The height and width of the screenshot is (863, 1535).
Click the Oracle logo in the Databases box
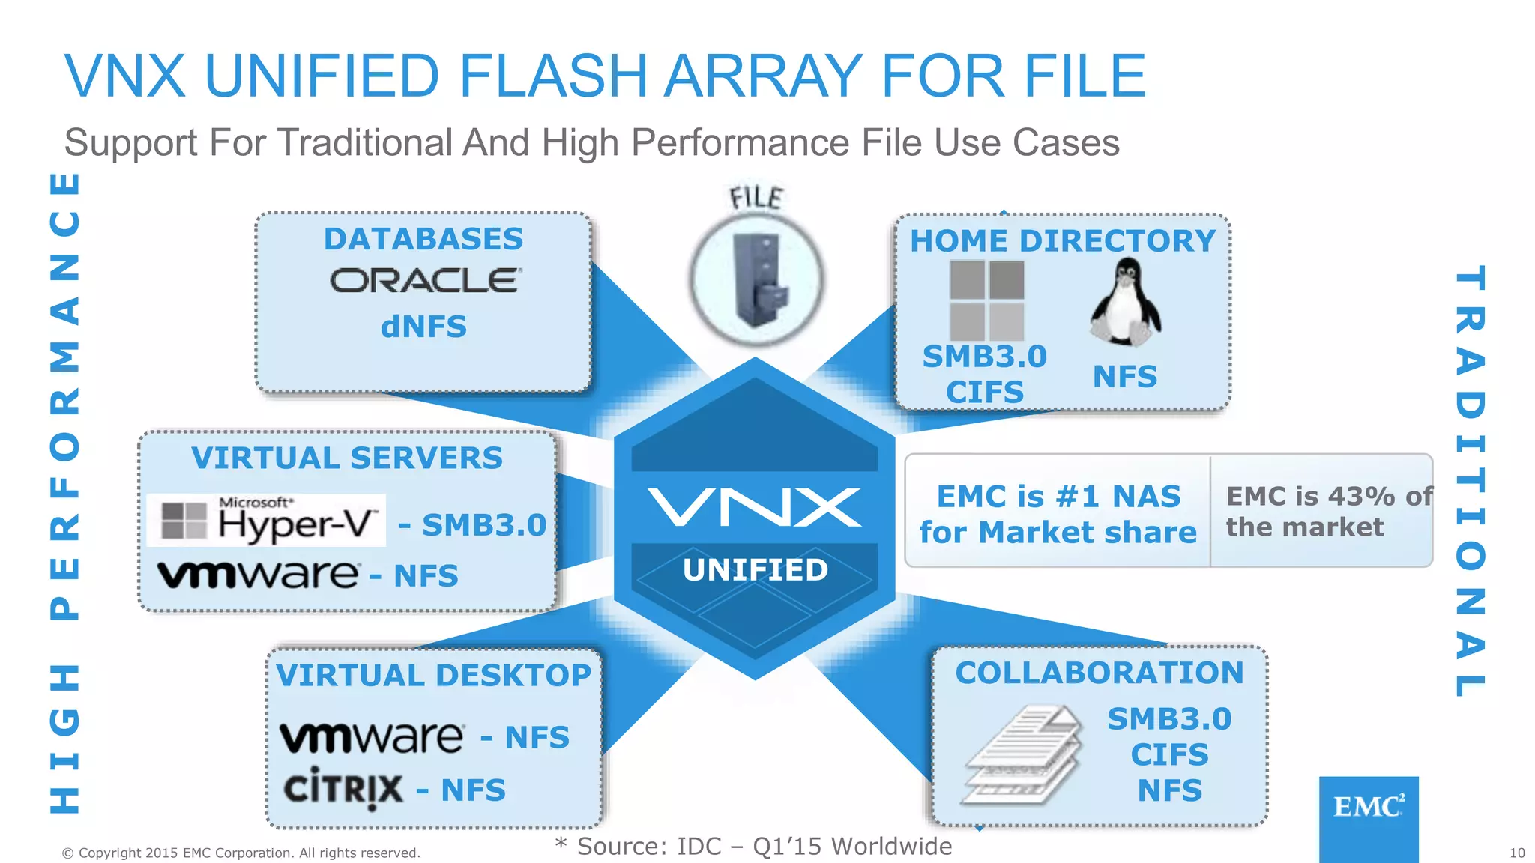pyautogui.click(x=425, y=281)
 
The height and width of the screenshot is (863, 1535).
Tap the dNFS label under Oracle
pyautogui.click(x=423, y=327)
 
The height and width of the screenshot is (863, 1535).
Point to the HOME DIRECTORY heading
pyautogui.click(x=1062, y=241)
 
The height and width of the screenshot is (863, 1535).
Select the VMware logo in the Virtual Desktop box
pyautogui.click(x=372, y=737)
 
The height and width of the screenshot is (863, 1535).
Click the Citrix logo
pyautogui.click(x=343, y=789)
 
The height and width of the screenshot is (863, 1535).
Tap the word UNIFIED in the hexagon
pyautogui.click(x=756, y=570)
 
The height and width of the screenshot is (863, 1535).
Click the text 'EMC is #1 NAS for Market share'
pyautogui.click(x=1058, y=514)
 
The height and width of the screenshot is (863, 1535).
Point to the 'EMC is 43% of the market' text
pyautogui.click(x=1327, y=511)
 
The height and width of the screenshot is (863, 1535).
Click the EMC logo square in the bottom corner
pyautogui.click(x=1369, y=818)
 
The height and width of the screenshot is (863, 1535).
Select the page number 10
pyautogui.click(x=1516, y=853)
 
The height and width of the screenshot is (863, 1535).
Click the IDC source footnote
pyautogui.click(x=754, y=846)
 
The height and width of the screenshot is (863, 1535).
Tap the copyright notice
pyautogui.click(x=241, y=853)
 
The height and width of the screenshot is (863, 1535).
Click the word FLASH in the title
pyautogui.click(x=553, y=76)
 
